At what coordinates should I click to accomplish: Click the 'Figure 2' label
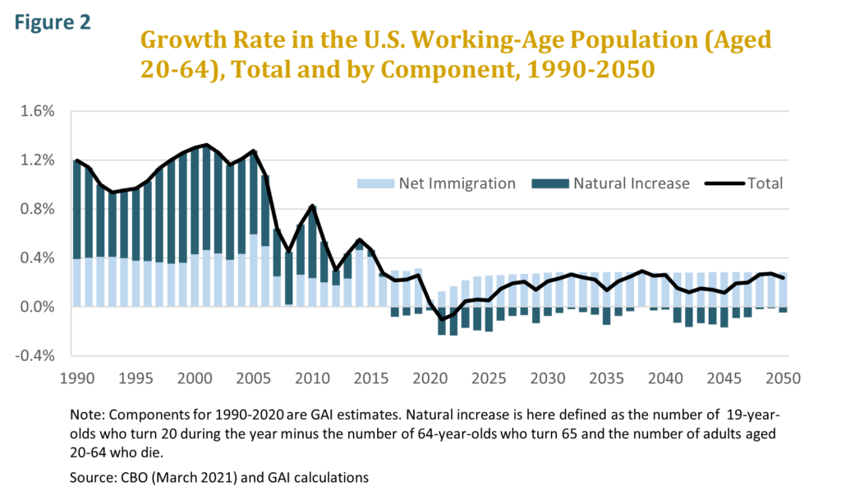(51, 21)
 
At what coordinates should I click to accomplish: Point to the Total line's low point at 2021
(441, 319)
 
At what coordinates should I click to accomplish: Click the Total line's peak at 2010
(312, 206)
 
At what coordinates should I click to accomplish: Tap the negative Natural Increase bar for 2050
(783, 310)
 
